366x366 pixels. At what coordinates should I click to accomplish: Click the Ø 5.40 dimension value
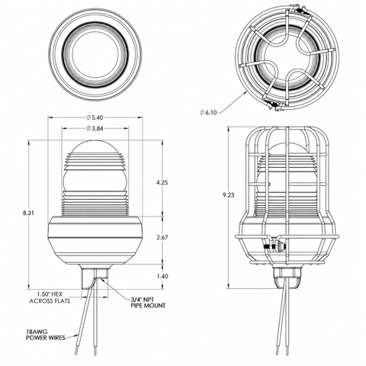coord(95,117)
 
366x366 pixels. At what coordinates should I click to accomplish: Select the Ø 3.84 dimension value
coord(95,129)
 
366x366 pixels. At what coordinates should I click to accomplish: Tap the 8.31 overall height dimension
coord(28,213)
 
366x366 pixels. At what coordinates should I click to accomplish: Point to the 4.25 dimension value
coord(162,182)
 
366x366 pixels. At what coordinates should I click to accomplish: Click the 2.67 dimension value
coord(162,237)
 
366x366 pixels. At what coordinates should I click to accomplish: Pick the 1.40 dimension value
coord(162,276)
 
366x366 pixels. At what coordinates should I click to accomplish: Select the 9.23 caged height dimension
coord(229,195)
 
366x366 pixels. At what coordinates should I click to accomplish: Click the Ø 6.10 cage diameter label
coord(208,112)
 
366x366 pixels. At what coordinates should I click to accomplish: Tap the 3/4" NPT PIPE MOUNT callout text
coord(148,302)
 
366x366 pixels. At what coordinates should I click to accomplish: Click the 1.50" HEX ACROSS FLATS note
coord(50,297)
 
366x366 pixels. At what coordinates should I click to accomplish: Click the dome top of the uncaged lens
coord(95,147)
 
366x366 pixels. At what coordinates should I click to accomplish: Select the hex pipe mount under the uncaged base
coord(95,278)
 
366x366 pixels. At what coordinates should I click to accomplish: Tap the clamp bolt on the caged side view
coord(275,246)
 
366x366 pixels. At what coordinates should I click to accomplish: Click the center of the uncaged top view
coord(95,54)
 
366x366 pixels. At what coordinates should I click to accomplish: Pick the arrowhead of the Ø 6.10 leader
coord(246,93)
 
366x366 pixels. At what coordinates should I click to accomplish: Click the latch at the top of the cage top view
coord(300,10)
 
